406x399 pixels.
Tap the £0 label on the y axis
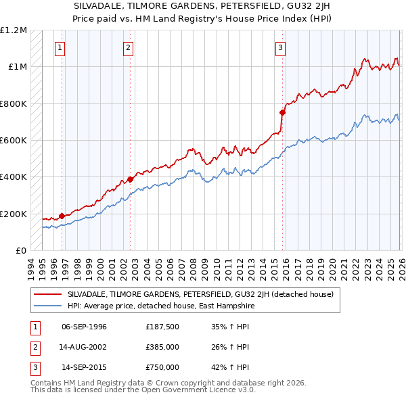[21, 250]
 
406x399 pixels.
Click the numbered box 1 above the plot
[61, 48]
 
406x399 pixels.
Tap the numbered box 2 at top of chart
[129, 48]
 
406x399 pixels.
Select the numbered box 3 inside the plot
[281, 48]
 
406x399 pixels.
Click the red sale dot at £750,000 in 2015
[282, 113]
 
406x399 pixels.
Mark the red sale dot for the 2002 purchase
[131, 180]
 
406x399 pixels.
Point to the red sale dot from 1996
[62, 216]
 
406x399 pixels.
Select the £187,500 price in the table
[162, 327]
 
